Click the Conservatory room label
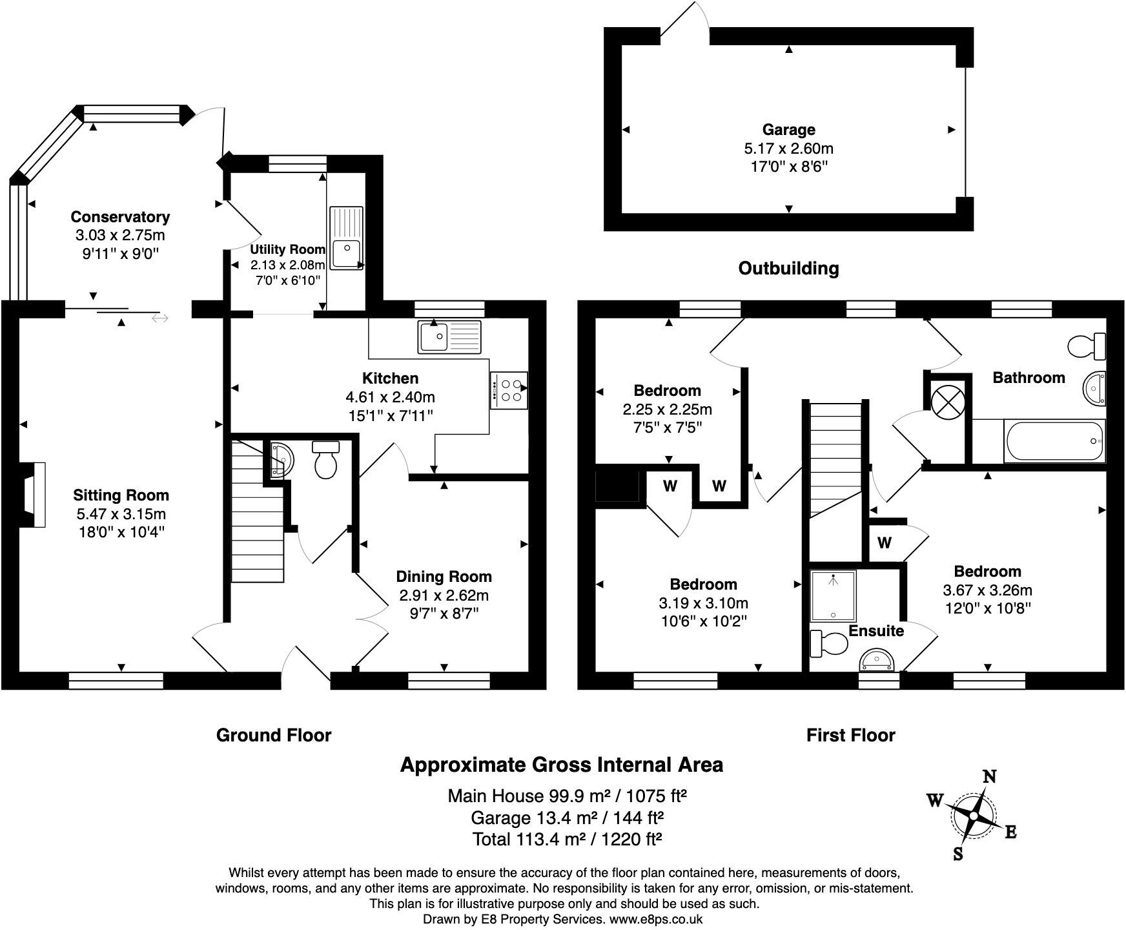click(x=120, y=217)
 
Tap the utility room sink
click(x=347, y=238)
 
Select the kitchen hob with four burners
click(x=509, y=390)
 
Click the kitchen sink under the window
click(x=449, y=336)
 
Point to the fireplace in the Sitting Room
click(x=34, y=495)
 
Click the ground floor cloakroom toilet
click(x=325, y=459)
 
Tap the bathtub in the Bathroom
click(x=1054, y=441)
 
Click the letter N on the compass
click(x=988, y=777)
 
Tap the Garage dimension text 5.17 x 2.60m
click(x=788, y=149)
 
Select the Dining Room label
click(x=444, y=577)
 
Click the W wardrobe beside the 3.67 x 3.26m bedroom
click(x=884, y=543)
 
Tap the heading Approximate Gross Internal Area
click(x=561, y=765)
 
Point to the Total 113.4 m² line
click(x=568, y=840)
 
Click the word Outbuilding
click(x=788, y=268)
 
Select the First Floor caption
click(x=850, y=735)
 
